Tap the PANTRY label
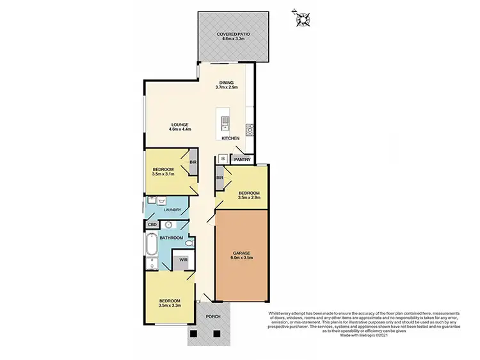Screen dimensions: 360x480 coord(242,159)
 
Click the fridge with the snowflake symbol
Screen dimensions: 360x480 coord(222,158)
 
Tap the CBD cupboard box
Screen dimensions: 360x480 coord(152,225)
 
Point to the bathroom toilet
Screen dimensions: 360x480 coord(189,244)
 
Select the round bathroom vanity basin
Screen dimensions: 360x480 coord(169,225)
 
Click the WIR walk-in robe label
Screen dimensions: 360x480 coord(183,260)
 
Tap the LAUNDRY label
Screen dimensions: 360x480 coord(173,209)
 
